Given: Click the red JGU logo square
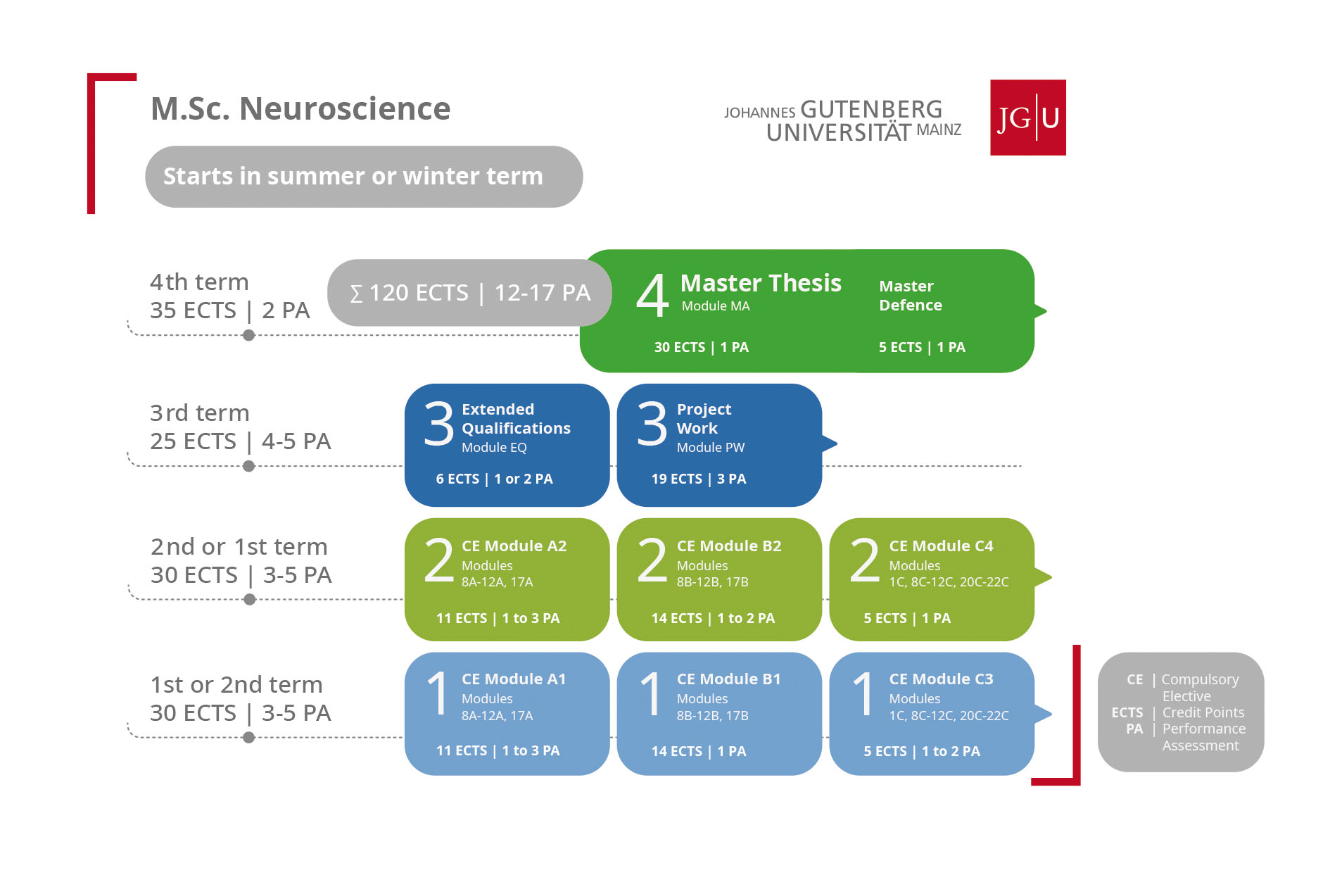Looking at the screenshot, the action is tap(1027, 117).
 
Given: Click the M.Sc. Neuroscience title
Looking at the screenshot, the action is tap(300, 109).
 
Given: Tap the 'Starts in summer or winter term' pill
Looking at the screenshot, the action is tap(364, 176).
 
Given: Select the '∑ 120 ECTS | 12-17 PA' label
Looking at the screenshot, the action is tap(470, 293).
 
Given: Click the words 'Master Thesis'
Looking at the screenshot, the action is tap(761, 283).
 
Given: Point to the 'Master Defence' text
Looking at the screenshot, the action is tap(911, 296).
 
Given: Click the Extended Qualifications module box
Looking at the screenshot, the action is tap(507, 445).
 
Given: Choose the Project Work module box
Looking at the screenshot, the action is tap(719, 445).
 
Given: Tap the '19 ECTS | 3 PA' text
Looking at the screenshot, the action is tap(698, 479).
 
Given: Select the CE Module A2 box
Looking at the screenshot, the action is tap(507, 579).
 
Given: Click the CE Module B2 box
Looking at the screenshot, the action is tap(719, 579).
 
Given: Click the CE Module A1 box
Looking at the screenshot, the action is tap(507, 714).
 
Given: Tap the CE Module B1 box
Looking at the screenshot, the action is tap(719, 714).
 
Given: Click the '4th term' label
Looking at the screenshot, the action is tap(199, 282).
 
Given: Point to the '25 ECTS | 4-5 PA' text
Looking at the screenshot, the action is tap(240, 441).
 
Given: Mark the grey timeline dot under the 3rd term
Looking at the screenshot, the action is tap(248, 466).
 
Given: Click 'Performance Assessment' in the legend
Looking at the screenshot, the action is tap(1203, 737).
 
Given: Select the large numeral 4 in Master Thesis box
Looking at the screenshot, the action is tap(652, 296).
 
